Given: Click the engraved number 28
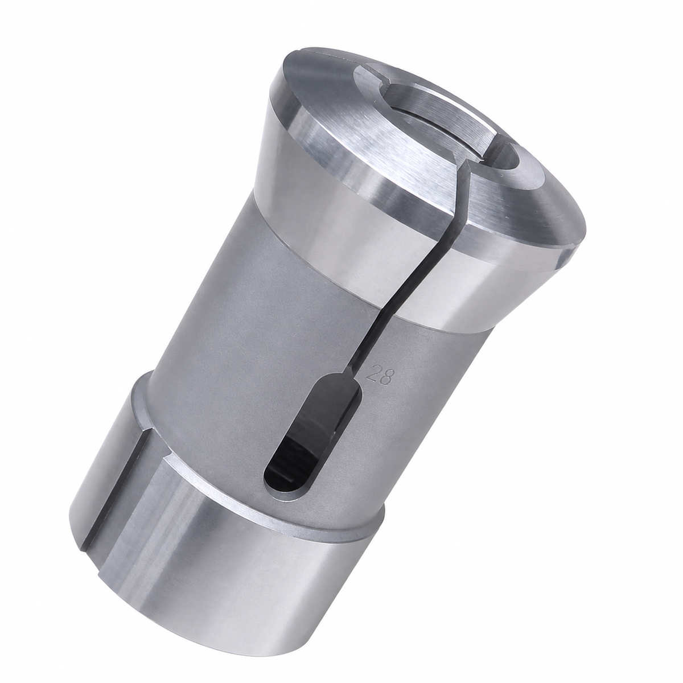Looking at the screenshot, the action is [378, 378].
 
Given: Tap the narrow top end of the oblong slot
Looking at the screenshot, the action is [344, 381].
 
